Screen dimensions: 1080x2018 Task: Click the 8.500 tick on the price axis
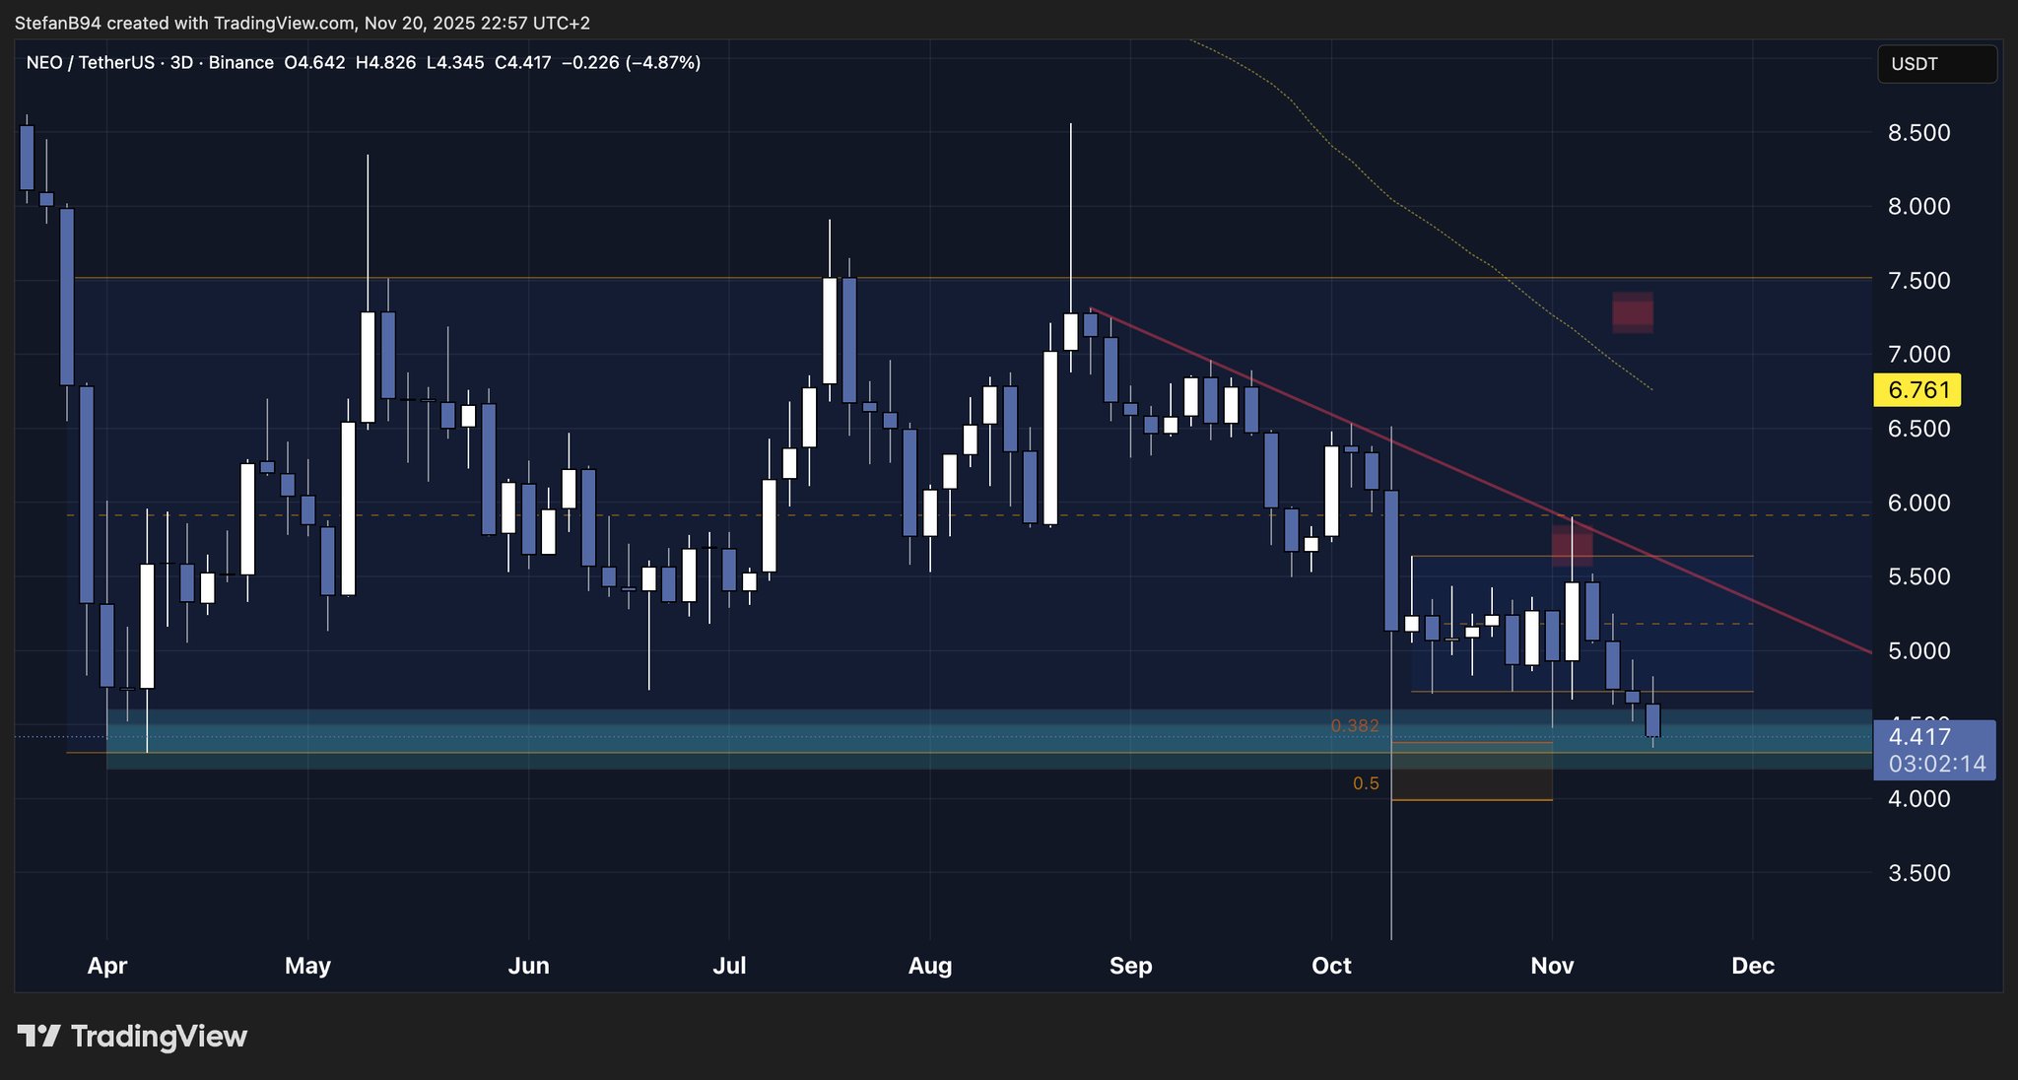coord(1918,133)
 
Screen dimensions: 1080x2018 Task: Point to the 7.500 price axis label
coord(1918,281)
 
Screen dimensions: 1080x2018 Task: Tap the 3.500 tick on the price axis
coord(1918,873)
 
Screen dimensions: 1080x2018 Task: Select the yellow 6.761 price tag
coord(1917,390)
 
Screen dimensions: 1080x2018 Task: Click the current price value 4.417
coord(1919,737)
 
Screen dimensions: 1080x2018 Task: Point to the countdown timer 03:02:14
coord(1936,764)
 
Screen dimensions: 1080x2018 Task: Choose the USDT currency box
coord(1936,64)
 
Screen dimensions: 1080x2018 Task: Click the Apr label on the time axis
coord(107,966)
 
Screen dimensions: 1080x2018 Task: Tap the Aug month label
coord(930,966)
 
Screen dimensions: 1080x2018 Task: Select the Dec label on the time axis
coord(1753,966)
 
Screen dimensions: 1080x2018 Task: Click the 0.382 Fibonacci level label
coord(1355,726)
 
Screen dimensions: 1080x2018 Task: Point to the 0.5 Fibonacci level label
coord(1366,784)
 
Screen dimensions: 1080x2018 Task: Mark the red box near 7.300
coord(1633,313)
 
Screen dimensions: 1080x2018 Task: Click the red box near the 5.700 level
coord(1573,546)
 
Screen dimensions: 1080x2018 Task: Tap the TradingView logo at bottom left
coord(132,1037)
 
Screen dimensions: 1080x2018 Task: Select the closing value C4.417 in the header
coord(522,63)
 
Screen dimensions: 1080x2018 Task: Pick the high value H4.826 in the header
coord(385,63)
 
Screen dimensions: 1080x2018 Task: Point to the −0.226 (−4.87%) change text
coord(631,63)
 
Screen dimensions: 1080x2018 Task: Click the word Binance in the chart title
coord(241,63)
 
